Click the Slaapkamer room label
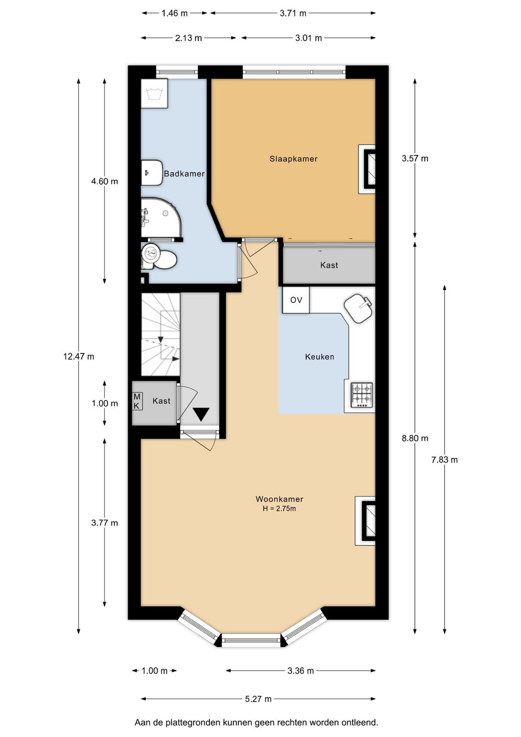tap(293, 159)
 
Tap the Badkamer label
tap(184, 174)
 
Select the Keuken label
tap(319, 357)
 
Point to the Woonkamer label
tap(279, 499)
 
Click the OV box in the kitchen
tap(296, 300)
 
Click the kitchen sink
tap(358, 308)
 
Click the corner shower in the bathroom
tap(161, 217)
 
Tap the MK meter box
tap(136, 401)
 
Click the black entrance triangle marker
tap(201, 414)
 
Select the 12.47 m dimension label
tap(79, 357)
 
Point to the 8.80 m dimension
tap(415, 438)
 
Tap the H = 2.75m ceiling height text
tap(279, 509)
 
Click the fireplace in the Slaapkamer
tap(367, 169)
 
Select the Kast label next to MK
tap(162, 401)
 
